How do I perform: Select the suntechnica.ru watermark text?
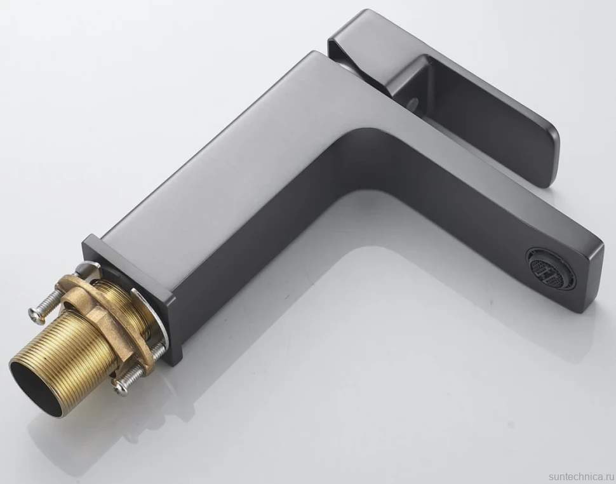click(582, 476)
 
